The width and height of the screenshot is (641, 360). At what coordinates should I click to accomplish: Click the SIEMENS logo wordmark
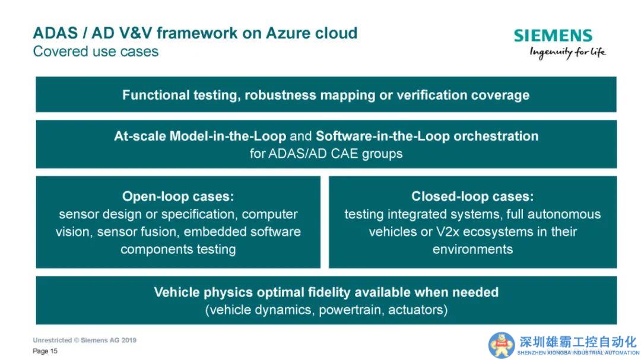click(x=553, y=36)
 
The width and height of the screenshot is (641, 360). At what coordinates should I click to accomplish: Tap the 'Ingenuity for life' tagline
click(x=567, y=53)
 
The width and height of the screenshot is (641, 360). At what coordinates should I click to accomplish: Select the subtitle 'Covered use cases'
click(x=96, y=52)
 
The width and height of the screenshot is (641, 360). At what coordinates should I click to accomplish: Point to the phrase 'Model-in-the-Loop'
click(x=228, y=136)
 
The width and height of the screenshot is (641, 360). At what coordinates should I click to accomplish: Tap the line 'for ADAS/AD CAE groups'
click(x=326, y=154)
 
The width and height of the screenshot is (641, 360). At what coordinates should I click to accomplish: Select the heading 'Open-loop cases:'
click(x=178, y=196)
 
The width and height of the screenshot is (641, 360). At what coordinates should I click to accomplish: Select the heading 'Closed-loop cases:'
click(x=472, y=196)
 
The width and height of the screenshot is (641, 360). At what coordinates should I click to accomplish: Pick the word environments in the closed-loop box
click(x=472, y=249)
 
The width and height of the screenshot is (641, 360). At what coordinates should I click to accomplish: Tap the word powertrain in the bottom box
click(x=351, y=310)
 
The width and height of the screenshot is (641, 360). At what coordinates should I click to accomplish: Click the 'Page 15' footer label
click(x=45, y=351)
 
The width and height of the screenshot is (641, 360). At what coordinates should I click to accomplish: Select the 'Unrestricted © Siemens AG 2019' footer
click(x=85, y=340)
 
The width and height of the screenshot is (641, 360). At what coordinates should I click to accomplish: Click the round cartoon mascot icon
click(x=501, y=345)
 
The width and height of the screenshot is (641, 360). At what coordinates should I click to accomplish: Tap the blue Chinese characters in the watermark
click(x=578, y=342)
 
